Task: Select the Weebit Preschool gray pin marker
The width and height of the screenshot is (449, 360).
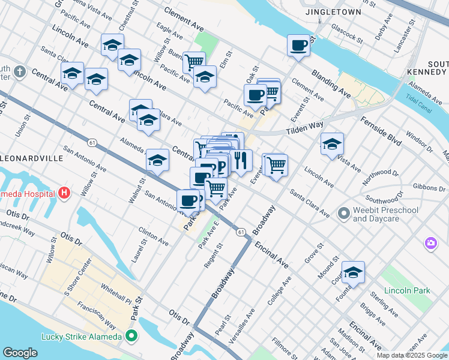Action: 344,213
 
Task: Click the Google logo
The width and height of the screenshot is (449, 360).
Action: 20,352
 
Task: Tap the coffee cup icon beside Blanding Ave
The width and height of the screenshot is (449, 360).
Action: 298,45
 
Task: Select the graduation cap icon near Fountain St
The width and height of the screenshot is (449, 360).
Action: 354,272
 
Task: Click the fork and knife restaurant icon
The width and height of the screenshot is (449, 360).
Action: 241,160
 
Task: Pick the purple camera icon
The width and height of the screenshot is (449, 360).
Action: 430,243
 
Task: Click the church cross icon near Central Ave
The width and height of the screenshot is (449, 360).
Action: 20,73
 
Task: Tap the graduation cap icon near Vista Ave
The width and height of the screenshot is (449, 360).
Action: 332,144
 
